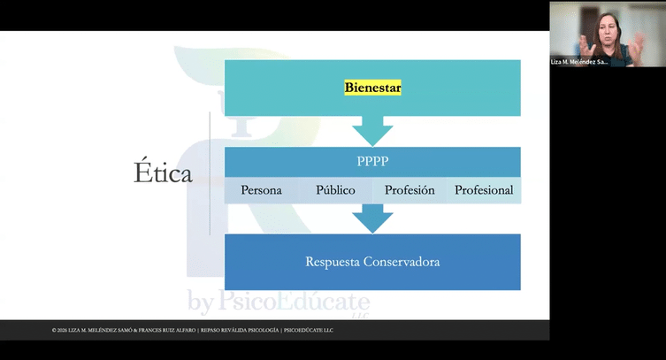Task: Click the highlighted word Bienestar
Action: [x=372, y=88]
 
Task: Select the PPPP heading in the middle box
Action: [x=372, y=162]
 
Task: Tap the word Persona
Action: [x=261, y=190]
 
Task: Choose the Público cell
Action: [x=335, y=190]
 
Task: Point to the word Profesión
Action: [x=410, y=190]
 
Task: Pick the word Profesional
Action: [x=483, y=190]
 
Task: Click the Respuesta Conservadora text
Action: [x=372, y=262]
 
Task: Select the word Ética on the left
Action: [x=162, y=173]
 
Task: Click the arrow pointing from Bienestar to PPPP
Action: [x=372, y=131]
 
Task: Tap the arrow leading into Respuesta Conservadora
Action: [x=372, y=218]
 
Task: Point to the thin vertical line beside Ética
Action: [x=210, y=173]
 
